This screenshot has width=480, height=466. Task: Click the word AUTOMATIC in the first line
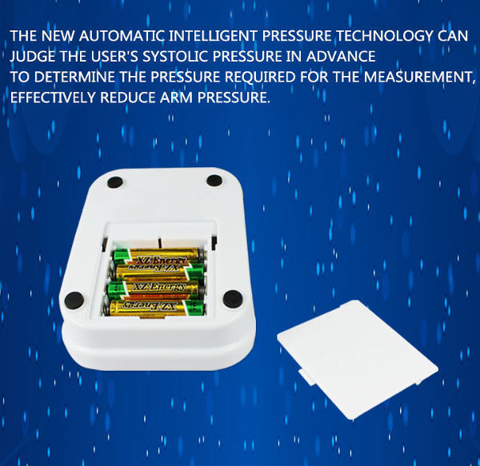(122, 36)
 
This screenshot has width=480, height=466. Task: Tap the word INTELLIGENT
(213, 36)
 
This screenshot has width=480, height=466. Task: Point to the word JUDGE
(33, 56)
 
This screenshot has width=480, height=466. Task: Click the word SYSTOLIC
(175, 56)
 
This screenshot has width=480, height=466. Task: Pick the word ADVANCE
(341, 56)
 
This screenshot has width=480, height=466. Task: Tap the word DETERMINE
(74, 77)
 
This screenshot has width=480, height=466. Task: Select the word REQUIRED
(260, 77)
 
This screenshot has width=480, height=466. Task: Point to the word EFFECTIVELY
(53, 98)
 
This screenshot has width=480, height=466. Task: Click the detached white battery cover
(358, 358)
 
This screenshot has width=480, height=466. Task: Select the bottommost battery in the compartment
(157, 307)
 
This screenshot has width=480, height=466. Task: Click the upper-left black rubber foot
(115, 182)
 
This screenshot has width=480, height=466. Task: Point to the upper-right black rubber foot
(214, 180)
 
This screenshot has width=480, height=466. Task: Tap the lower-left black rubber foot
(74, 300)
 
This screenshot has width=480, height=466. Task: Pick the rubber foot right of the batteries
(233, 299)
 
